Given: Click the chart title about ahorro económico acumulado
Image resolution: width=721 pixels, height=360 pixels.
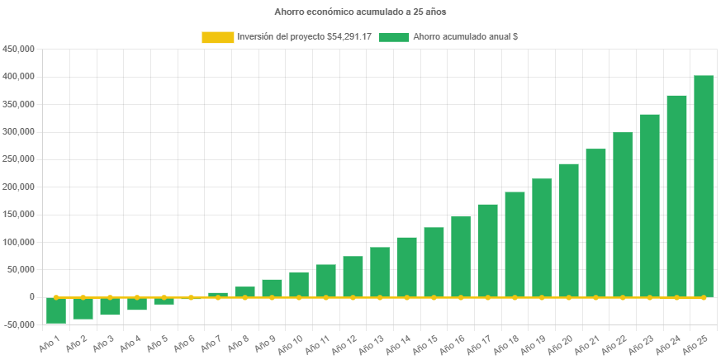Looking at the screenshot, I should [360, 12].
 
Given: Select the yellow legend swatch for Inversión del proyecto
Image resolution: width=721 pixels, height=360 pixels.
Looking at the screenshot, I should [218, 37].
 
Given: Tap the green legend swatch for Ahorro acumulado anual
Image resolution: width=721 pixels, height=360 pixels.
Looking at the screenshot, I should [395, 37].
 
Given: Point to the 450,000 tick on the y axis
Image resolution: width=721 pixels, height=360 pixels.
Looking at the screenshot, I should [18, 49].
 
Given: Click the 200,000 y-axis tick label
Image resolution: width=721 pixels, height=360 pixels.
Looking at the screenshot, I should [18, 187].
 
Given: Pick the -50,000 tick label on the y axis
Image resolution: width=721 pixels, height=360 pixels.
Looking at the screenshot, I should [18, 324].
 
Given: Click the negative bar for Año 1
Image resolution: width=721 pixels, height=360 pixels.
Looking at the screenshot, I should [56, 310].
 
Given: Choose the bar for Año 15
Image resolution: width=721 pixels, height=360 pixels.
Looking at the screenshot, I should [434, 262].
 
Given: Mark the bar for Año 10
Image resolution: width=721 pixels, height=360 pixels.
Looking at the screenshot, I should [299, 284].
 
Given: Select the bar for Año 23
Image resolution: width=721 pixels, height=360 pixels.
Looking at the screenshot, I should [649, 205].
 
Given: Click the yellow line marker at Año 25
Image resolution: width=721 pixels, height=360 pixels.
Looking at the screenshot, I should [703, 297].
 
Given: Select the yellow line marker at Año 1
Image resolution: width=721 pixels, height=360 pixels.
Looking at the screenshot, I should [56, 297].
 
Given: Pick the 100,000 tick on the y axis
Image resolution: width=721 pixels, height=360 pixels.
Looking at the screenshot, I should [18, 242].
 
